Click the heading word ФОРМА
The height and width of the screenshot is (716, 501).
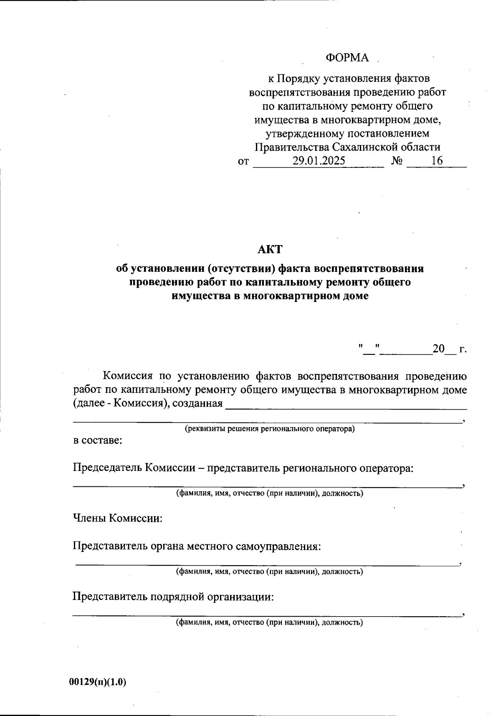[347, 58]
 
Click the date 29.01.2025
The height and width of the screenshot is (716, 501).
[319, 161]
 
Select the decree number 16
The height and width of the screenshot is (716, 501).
[437, 161]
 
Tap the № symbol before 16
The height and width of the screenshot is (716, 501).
[397, 161]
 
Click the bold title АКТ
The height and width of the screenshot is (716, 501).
[270, 249]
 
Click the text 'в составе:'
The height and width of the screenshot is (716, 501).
[98, 440]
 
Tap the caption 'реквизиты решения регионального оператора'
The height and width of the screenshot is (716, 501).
[270, 429]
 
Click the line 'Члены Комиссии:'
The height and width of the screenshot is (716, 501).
[118, 519]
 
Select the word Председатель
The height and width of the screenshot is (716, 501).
[108, 468]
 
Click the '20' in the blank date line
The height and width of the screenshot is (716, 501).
[439, 349]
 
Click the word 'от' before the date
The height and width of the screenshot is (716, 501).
[243, 162]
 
